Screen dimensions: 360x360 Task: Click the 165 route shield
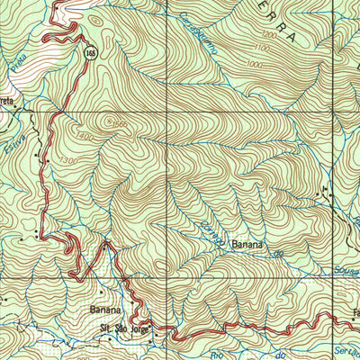point(92,53)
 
